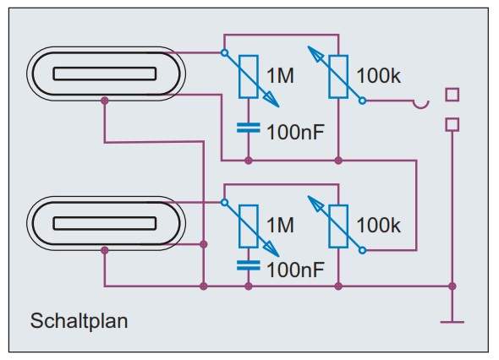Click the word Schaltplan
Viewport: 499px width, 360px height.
pos(79,321)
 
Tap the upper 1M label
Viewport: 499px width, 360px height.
pos(280,76)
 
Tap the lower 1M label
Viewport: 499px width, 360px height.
pos(280,225)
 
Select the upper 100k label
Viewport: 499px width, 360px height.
pos(378,76)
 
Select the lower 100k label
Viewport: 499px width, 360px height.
pos(378,225)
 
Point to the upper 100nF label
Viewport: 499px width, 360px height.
pos(296,133)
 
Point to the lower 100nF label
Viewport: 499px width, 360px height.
pos(296,270)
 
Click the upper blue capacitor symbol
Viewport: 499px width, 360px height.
pos(249,128)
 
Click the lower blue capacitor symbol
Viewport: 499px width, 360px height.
pos(249,265)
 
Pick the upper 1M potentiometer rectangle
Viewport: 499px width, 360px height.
pos(249,77)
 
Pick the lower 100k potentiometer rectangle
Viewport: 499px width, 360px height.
pos(338,226)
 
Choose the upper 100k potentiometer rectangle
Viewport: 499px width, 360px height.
pos(338,77)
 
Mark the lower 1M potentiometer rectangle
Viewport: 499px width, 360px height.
pos(249,226)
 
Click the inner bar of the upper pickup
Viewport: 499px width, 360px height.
pos(105,74)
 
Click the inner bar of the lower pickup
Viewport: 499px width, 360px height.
pos(105,223)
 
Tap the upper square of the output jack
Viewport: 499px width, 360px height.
pos(452,95)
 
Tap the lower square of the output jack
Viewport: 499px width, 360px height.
pos(452,124)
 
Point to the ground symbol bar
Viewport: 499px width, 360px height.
pos(452,322)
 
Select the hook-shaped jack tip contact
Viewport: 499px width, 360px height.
pos(421,104)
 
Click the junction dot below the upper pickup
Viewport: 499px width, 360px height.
pos(105,101)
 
